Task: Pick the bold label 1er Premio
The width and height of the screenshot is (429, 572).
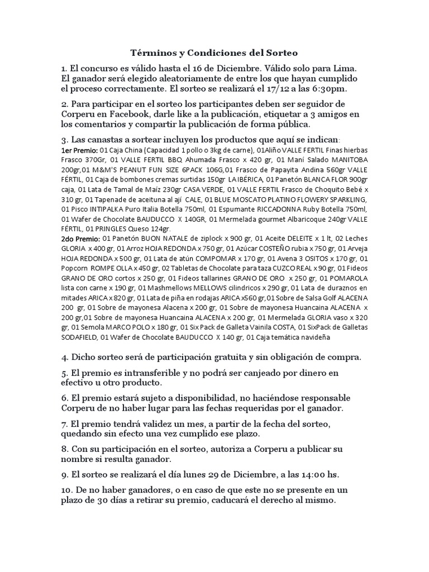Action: pos(79,150)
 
